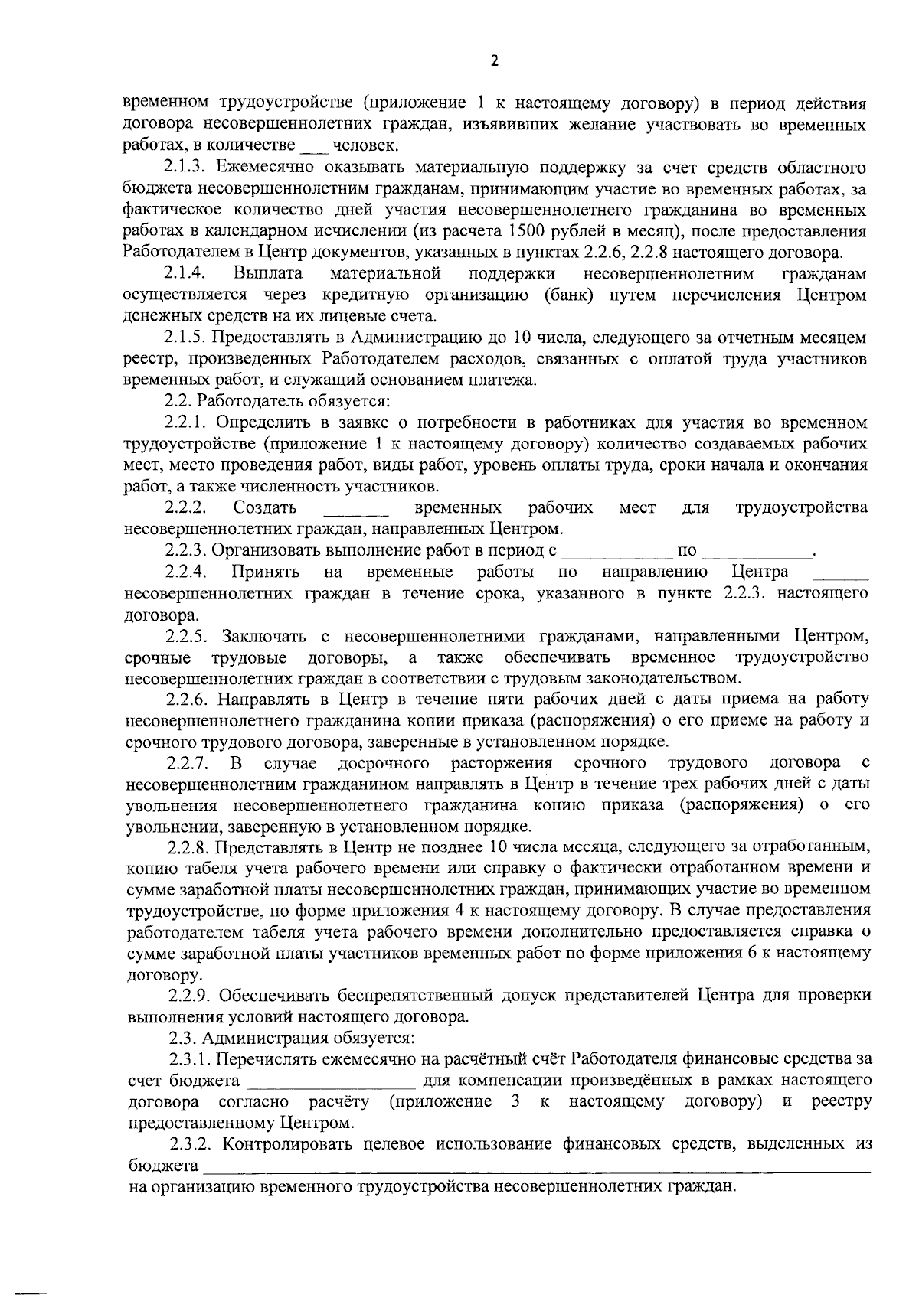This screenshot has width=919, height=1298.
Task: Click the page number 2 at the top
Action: pyautogui.click(x=494, y=62)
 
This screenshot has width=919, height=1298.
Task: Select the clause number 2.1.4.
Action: pyautogui.click(x=184, y=273)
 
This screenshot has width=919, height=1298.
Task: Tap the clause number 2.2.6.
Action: pyautogui.click(x=189, y=699)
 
